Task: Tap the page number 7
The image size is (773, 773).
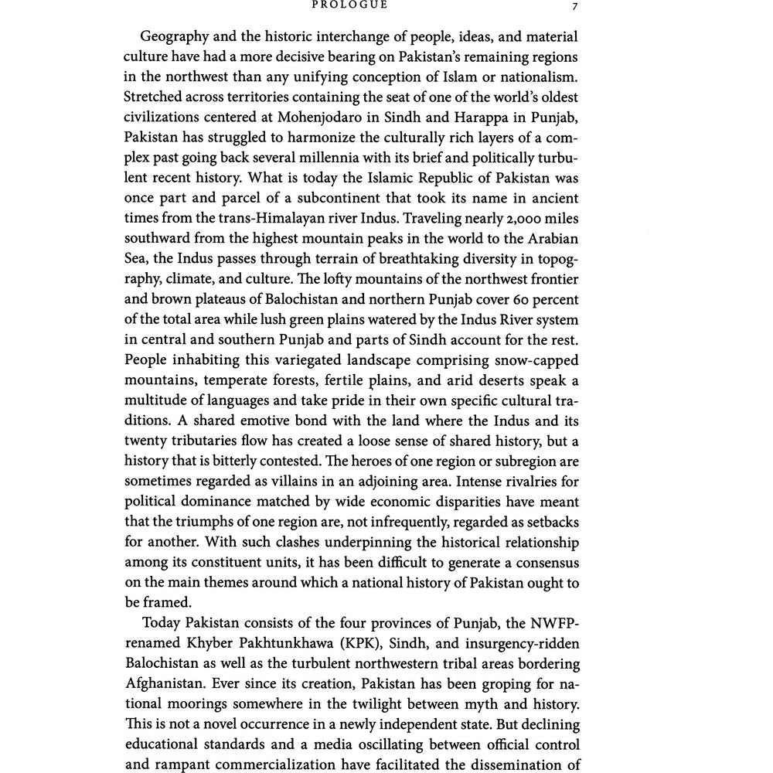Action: click(x=574, y=5)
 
